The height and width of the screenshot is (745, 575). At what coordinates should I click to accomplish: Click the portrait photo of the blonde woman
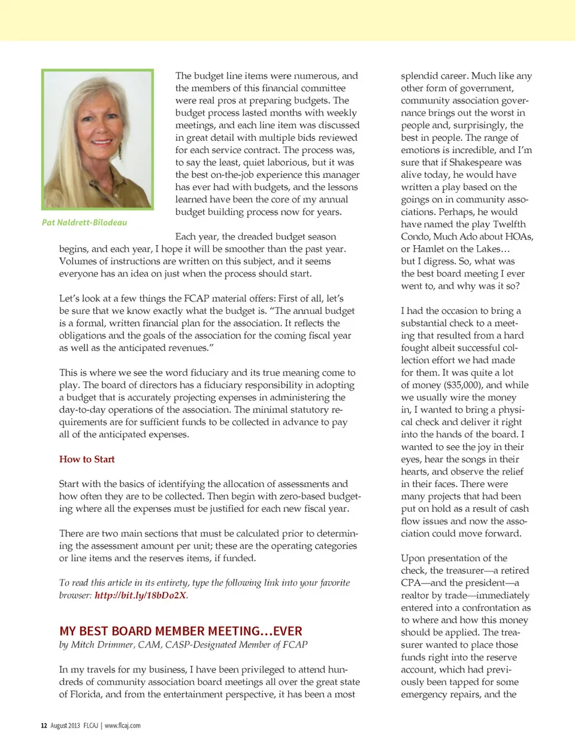point(97,139)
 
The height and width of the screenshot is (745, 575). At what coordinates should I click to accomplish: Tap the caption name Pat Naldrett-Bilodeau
point(84,223)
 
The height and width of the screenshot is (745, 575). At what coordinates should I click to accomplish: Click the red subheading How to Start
point(87,459)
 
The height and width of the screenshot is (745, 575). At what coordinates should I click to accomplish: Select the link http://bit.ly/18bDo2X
point(140,595)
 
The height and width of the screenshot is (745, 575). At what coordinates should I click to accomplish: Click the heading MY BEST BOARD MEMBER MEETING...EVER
point(180,631)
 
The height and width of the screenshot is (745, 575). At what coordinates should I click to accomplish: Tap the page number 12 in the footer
point(44,726)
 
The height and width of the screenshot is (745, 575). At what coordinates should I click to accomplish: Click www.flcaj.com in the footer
point(123,726)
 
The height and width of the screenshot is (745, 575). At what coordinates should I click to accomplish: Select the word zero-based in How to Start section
point(312,496)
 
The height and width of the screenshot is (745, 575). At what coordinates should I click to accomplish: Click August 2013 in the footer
point(65,726)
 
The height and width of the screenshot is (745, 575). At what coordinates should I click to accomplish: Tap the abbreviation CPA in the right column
point(411,583)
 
